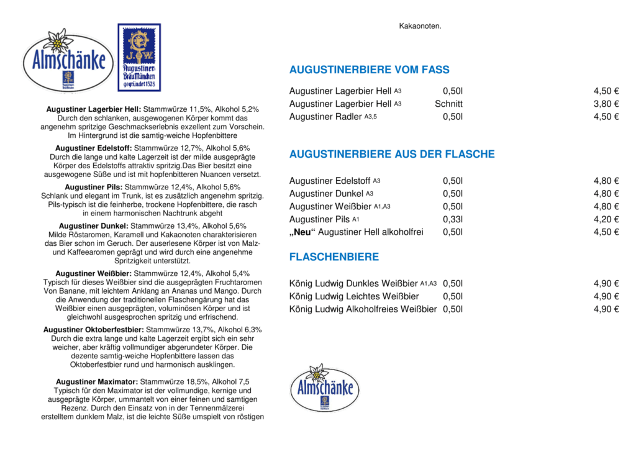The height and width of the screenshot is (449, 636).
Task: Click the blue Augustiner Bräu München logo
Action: click(139, 57)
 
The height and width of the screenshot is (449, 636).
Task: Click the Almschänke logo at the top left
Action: click(68, 61)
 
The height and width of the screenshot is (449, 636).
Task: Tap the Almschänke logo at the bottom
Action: click(324, 389)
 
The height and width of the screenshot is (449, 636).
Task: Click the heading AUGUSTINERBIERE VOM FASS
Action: click(369, 70)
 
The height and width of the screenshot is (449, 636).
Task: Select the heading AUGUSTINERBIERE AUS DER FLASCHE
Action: click(392, 155)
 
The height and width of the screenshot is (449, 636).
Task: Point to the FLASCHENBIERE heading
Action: click(334, 257)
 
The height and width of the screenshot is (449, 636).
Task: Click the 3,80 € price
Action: click(606, 104)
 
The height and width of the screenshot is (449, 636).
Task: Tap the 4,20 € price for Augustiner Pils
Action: click(606, 219)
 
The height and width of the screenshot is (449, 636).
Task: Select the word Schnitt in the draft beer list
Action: click(448, 104)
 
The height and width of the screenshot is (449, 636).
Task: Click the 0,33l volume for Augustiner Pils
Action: click(453, 219)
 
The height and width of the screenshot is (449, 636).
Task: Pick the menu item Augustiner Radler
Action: click(325, 117)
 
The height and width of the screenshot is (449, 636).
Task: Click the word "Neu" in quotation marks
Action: click(303, 232)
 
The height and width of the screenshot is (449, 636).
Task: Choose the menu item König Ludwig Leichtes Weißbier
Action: click(354, 296)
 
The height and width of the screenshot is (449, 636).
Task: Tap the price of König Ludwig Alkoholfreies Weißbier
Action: click(606, 309)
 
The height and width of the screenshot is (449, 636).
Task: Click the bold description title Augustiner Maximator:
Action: click(96, 381)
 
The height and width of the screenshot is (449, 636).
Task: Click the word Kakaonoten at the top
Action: click(420, 26)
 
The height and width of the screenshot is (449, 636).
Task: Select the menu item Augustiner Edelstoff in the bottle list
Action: click(330, 181)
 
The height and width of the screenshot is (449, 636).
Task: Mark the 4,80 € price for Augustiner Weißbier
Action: click(606, 207)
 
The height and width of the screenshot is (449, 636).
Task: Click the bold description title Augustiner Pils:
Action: click(94, 187)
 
